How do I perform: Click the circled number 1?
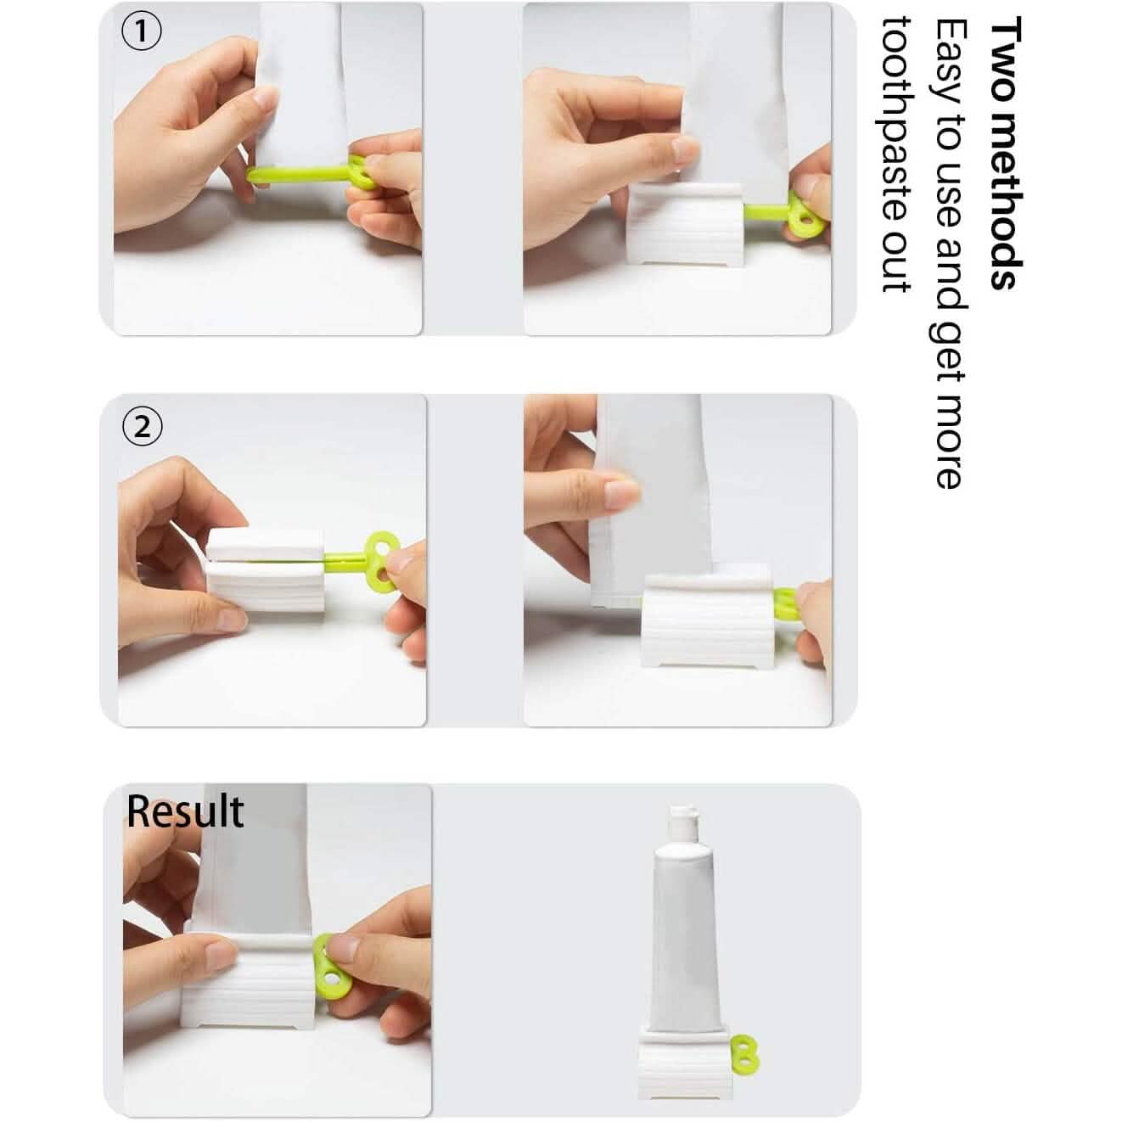tap(143, 32)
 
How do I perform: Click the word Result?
tap(185, 811)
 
